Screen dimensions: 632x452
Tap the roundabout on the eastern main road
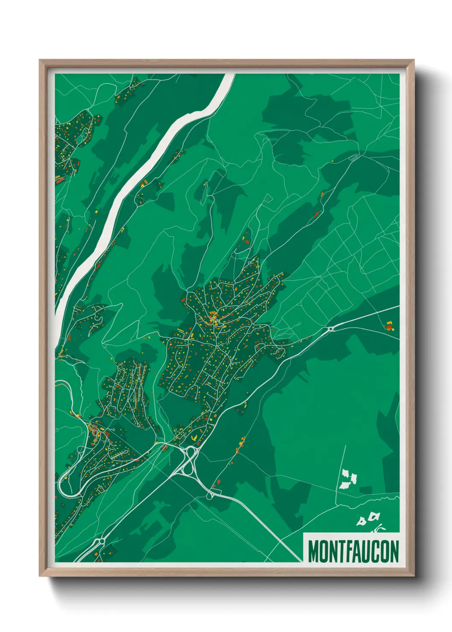(330, 329)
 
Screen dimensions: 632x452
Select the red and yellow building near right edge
(389, 326)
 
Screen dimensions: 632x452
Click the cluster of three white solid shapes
(348, 479)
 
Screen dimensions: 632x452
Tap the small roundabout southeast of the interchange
(209, 495)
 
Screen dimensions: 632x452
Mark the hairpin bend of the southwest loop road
(63, 486)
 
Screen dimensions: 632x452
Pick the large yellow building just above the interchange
(195, 437)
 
